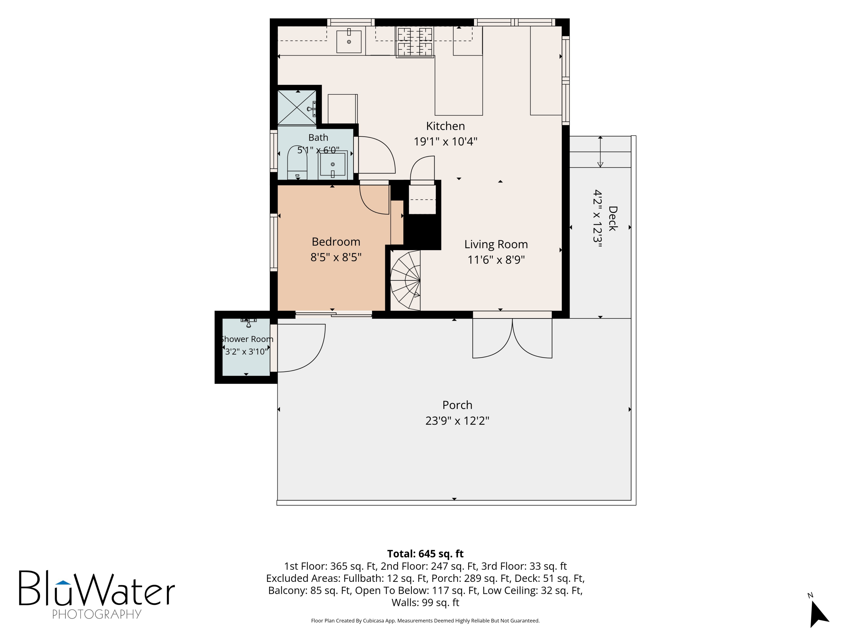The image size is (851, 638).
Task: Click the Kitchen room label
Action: click(x=446, y=126)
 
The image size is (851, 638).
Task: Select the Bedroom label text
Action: click(x=336, y=242)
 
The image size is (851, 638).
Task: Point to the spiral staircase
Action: click(x=405, y=280)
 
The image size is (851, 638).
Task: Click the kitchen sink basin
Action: click(x=349, y=41)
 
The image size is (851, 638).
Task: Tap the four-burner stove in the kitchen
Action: click(x=415, y=42)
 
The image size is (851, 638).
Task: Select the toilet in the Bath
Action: click(x=297, y=163)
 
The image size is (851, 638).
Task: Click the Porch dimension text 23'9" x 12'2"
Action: click(x=457, y=421)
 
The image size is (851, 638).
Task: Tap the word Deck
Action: click(x=612, y=218)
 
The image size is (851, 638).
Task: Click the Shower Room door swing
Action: click(x=301, y=348)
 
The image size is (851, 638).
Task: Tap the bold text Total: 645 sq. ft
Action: click(x=425, y=554)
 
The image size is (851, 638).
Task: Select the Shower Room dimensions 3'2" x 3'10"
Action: click(x=246, y=352)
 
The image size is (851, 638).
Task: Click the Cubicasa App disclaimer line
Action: click(x=425, y=621)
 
